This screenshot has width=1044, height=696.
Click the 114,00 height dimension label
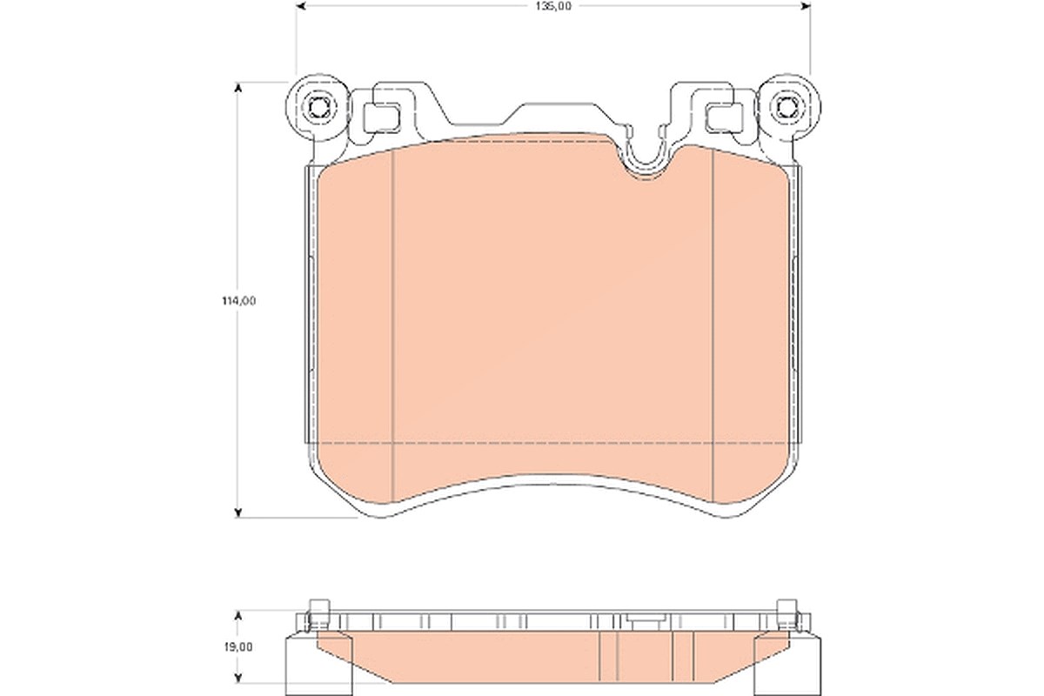[x=238, y=301]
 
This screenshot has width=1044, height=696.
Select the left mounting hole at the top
[x=318, y=108]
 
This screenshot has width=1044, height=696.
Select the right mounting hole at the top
[x=787, y=108]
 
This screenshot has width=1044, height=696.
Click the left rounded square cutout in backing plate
[x=382, y=117]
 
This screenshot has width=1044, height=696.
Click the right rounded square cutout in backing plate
[x=724, y=117]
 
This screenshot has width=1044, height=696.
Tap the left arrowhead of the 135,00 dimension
[x=301, y=6]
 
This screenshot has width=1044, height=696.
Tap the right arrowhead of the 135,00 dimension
[x=806, y=6]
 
